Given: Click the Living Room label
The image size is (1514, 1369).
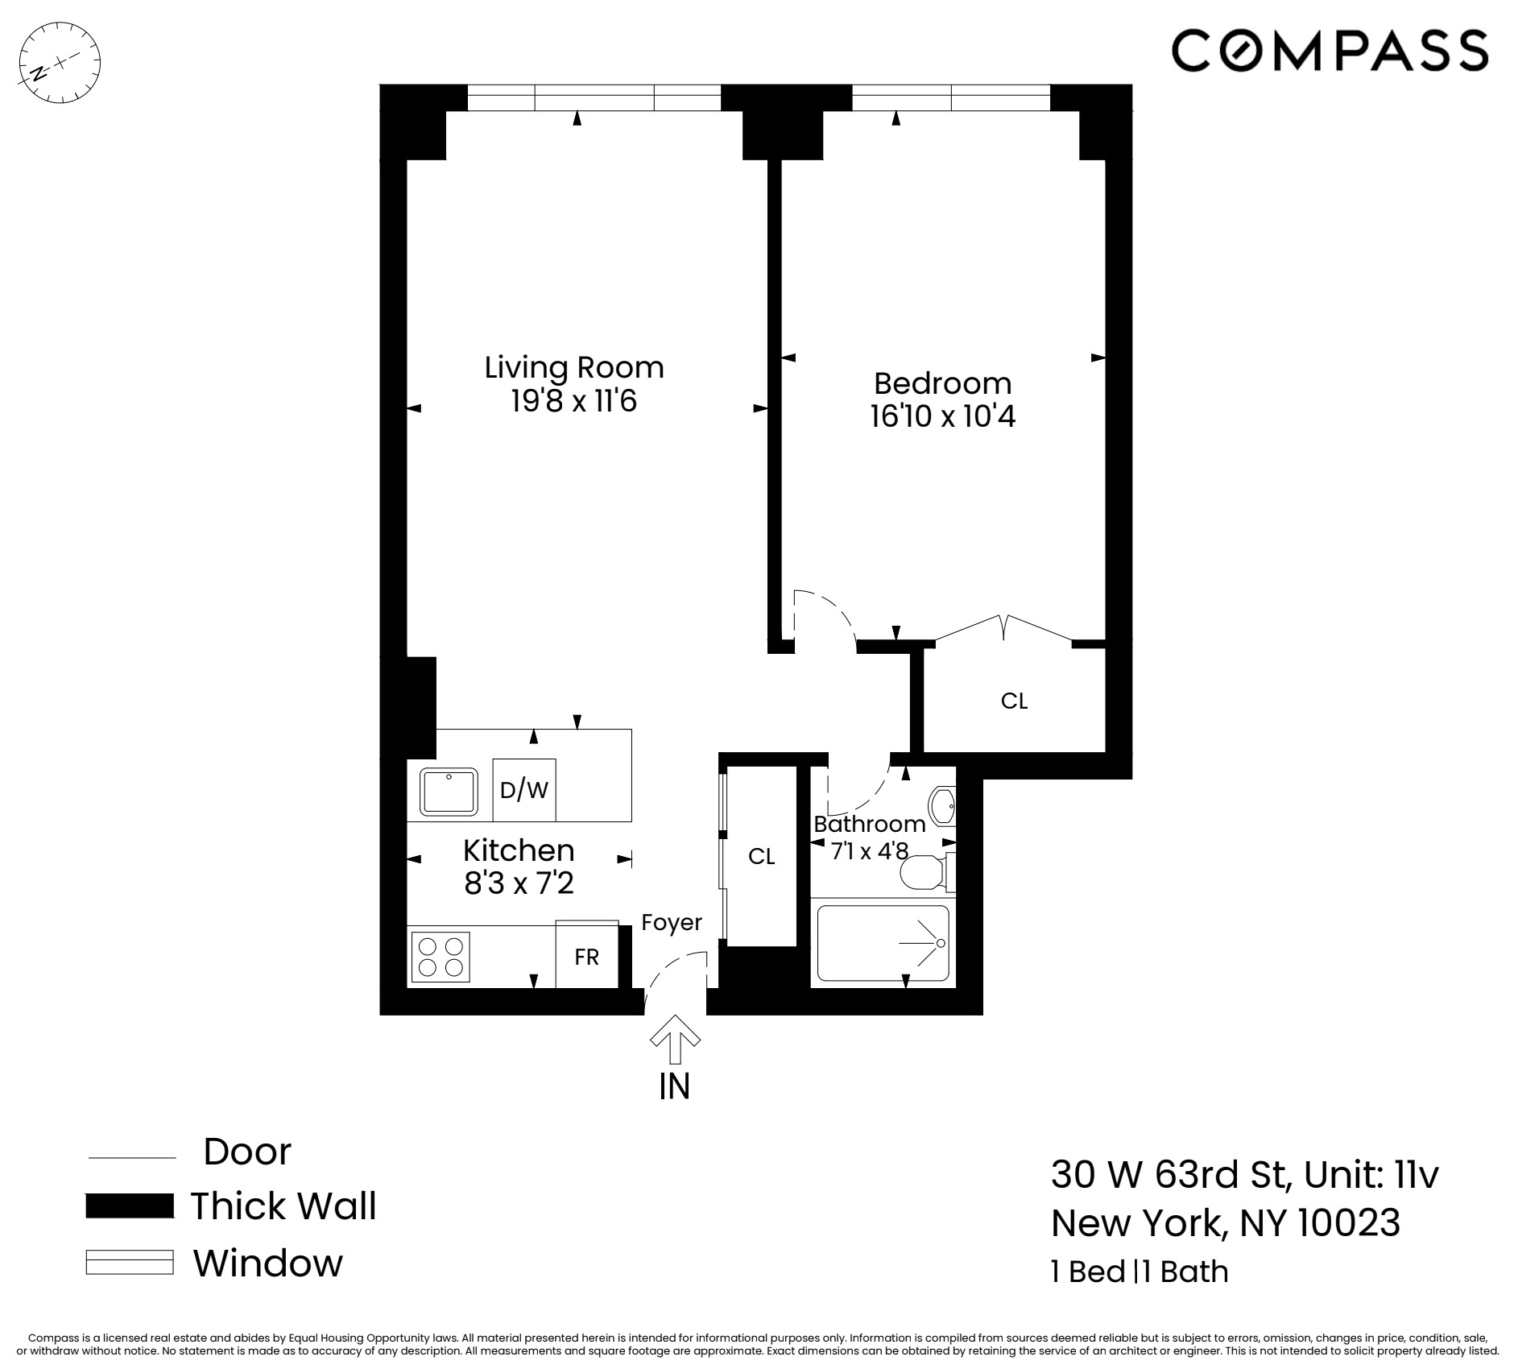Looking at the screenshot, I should pos(574,367).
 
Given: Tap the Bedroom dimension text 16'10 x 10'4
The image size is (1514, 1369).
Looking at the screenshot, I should pos(942,417).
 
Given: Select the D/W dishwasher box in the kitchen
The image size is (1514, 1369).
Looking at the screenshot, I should pos(524,790).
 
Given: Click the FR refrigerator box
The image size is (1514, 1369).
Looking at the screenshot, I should pos(587,957).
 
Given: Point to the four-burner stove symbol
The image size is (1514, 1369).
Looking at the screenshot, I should pos(440,957).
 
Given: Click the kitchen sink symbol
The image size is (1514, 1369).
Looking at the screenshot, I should pos(449,791).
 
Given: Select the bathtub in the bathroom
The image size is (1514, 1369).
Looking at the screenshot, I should pos(883,943).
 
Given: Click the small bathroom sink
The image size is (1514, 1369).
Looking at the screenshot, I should pos(941,804).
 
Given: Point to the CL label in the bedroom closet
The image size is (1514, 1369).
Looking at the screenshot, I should pos(1014,701).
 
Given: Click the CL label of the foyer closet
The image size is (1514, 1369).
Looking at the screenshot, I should pos(761,856).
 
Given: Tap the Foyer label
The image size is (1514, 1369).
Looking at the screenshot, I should pos(672,922).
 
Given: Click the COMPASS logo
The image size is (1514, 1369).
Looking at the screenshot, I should pos(1330,50).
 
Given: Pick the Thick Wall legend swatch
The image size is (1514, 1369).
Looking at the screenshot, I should pos(130,1206).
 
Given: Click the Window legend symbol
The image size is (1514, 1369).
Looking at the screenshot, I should pos(130,1262).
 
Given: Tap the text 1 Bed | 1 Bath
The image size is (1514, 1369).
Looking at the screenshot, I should pos(1140,1272).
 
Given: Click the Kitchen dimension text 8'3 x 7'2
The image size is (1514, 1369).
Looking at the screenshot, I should pos(519,884).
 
